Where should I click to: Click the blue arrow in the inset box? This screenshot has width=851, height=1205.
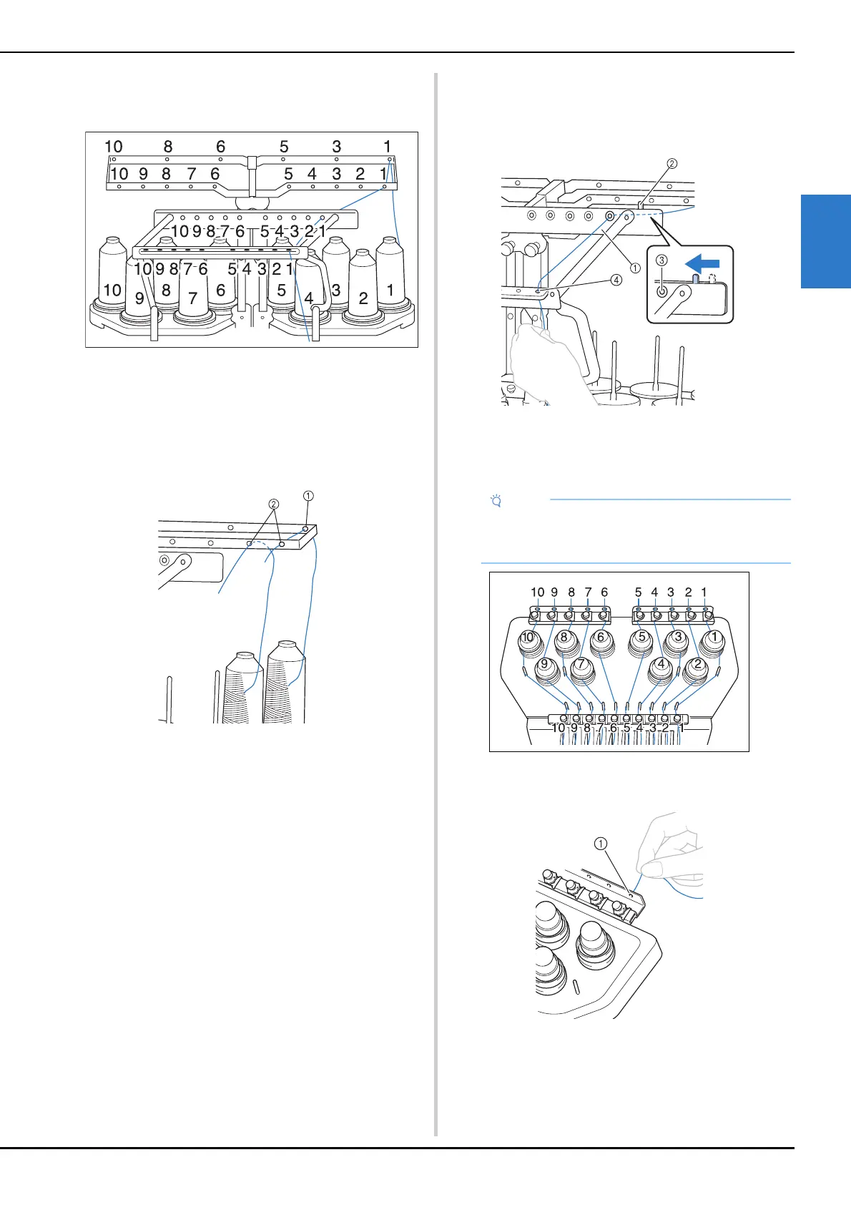(702, 263)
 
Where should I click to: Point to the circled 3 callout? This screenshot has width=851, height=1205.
(661, 260)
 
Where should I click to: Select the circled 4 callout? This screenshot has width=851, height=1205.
(616, 280)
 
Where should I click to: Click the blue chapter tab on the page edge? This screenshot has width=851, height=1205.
(826, 242)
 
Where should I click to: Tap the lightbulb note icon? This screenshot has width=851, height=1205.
(496, 501)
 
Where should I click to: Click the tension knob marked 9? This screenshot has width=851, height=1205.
(545, 670)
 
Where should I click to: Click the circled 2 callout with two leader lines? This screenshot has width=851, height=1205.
(274, 504)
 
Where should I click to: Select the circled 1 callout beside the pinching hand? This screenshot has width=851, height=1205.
(601, 844)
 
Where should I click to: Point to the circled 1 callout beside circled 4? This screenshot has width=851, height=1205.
(635, 268)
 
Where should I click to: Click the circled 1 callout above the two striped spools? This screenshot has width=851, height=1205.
(308, 495)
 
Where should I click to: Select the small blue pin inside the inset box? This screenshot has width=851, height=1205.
(696, 278)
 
